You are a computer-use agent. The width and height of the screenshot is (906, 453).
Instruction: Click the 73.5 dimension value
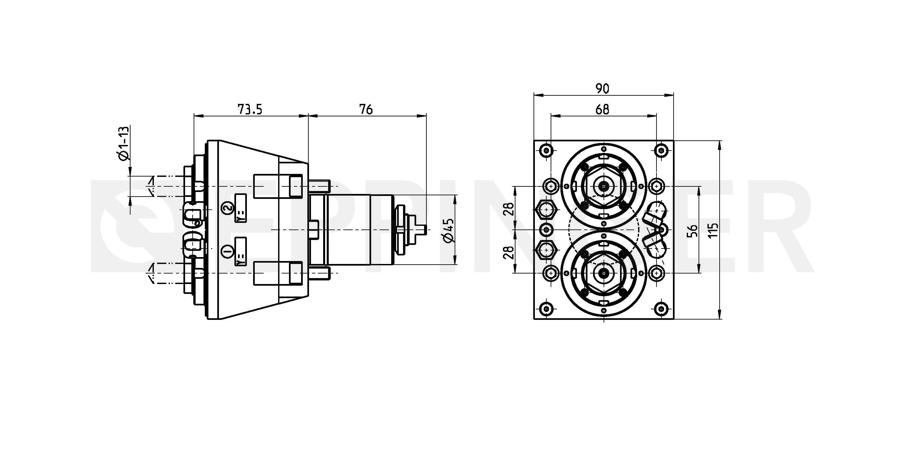250,110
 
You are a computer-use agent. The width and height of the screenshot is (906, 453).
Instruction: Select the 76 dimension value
366,110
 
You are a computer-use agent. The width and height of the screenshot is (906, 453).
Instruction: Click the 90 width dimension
603,89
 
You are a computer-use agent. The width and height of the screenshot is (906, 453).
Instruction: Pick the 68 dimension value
603,110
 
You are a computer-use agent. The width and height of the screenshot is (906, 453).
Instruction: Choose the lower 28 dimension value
509,252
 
